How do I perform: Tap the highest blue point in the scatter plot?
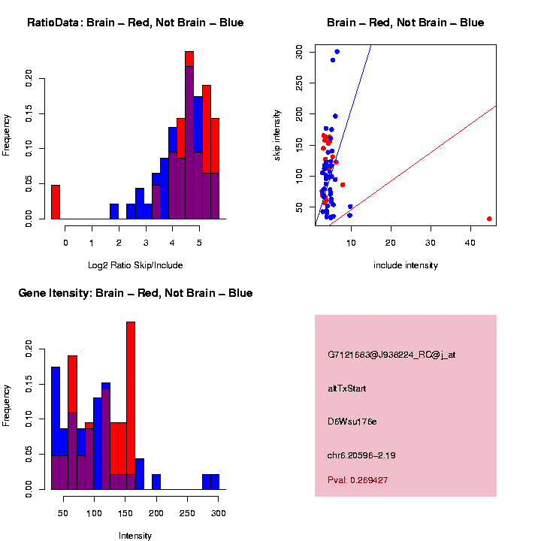coord(337,52)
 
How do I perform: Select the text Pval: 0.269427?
coord(358,480)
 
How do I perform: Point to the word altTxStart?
coord(347,388)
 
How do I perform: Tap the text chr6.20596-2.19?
coord(362,455)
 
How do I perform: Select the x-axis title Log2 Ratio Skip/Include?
coord(135,265)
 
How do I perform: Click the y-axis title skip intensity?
coord(277,134)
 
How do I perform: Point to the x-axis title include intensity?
coord(406,265)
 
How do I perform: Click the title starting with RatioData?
coord(135,23)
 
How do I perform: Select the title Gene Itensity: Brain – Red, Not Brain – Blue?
coord(135,293)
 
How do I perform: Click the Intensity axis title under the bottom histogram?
coord(135,536)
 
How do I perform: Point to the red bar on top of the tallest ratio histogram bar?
coord(189,59)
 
